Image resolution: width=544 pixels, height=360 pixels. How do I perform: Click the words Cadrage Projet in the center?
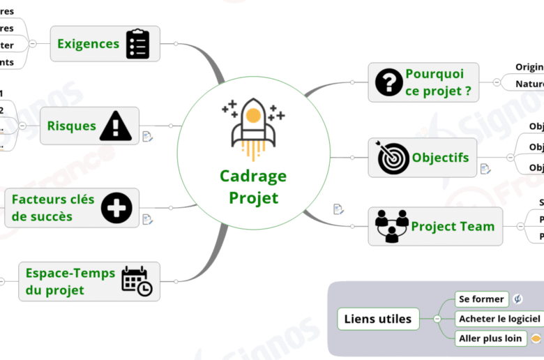[x=253, y=187]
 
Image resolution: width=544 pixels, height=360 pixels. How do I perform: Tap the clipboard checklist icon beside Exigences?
[x=138, y=44]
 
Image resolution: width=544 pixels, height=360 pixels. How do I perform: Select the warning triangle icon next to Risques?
[x=116, y=126]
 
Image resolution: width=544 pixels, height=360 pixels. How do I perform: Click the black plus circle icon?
[x=116, y=208]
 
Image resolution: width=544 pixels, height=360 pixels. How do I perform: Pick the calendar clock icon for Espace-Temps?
[x=137, y=281]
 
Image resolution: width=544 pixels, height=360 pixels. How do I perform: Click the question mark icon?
[x=388, y=82]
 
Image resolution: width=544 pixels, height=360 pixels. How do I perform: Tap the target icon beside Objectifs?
[x=393, y=158]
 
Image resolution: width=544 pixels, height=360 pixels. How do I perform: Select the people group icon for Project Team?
[x=392, y=225]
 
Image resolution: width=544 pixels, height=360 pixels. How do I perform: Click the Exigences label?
[x=88, y=44]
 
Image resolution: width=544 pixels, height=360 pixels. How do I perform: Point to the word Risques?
[x=71, y=126]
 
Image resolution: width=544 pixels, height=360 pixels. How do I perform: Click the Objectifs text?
[x=440, y=158]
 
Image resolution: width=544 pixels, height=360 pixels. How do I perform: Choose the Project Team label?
[x=453, y=226]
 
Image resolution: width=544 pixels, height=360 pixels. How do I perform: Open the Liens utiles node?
[x=378, y=320]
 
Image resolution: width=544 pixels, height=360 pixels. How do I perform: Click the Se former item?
[x=481, y=299]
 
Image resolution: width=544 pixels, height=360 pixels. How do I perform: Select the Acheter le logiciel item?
[x=499, y=319]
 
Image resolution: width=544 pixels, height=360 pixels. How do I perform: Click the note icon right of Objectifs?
[x=485, y=169]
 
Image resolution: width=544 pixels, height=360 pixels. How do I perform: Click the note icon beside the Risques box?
[x=147, y=137]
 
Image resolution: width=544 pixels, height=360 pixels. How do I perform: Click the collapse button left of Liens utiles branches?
[x=437, y=319]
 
